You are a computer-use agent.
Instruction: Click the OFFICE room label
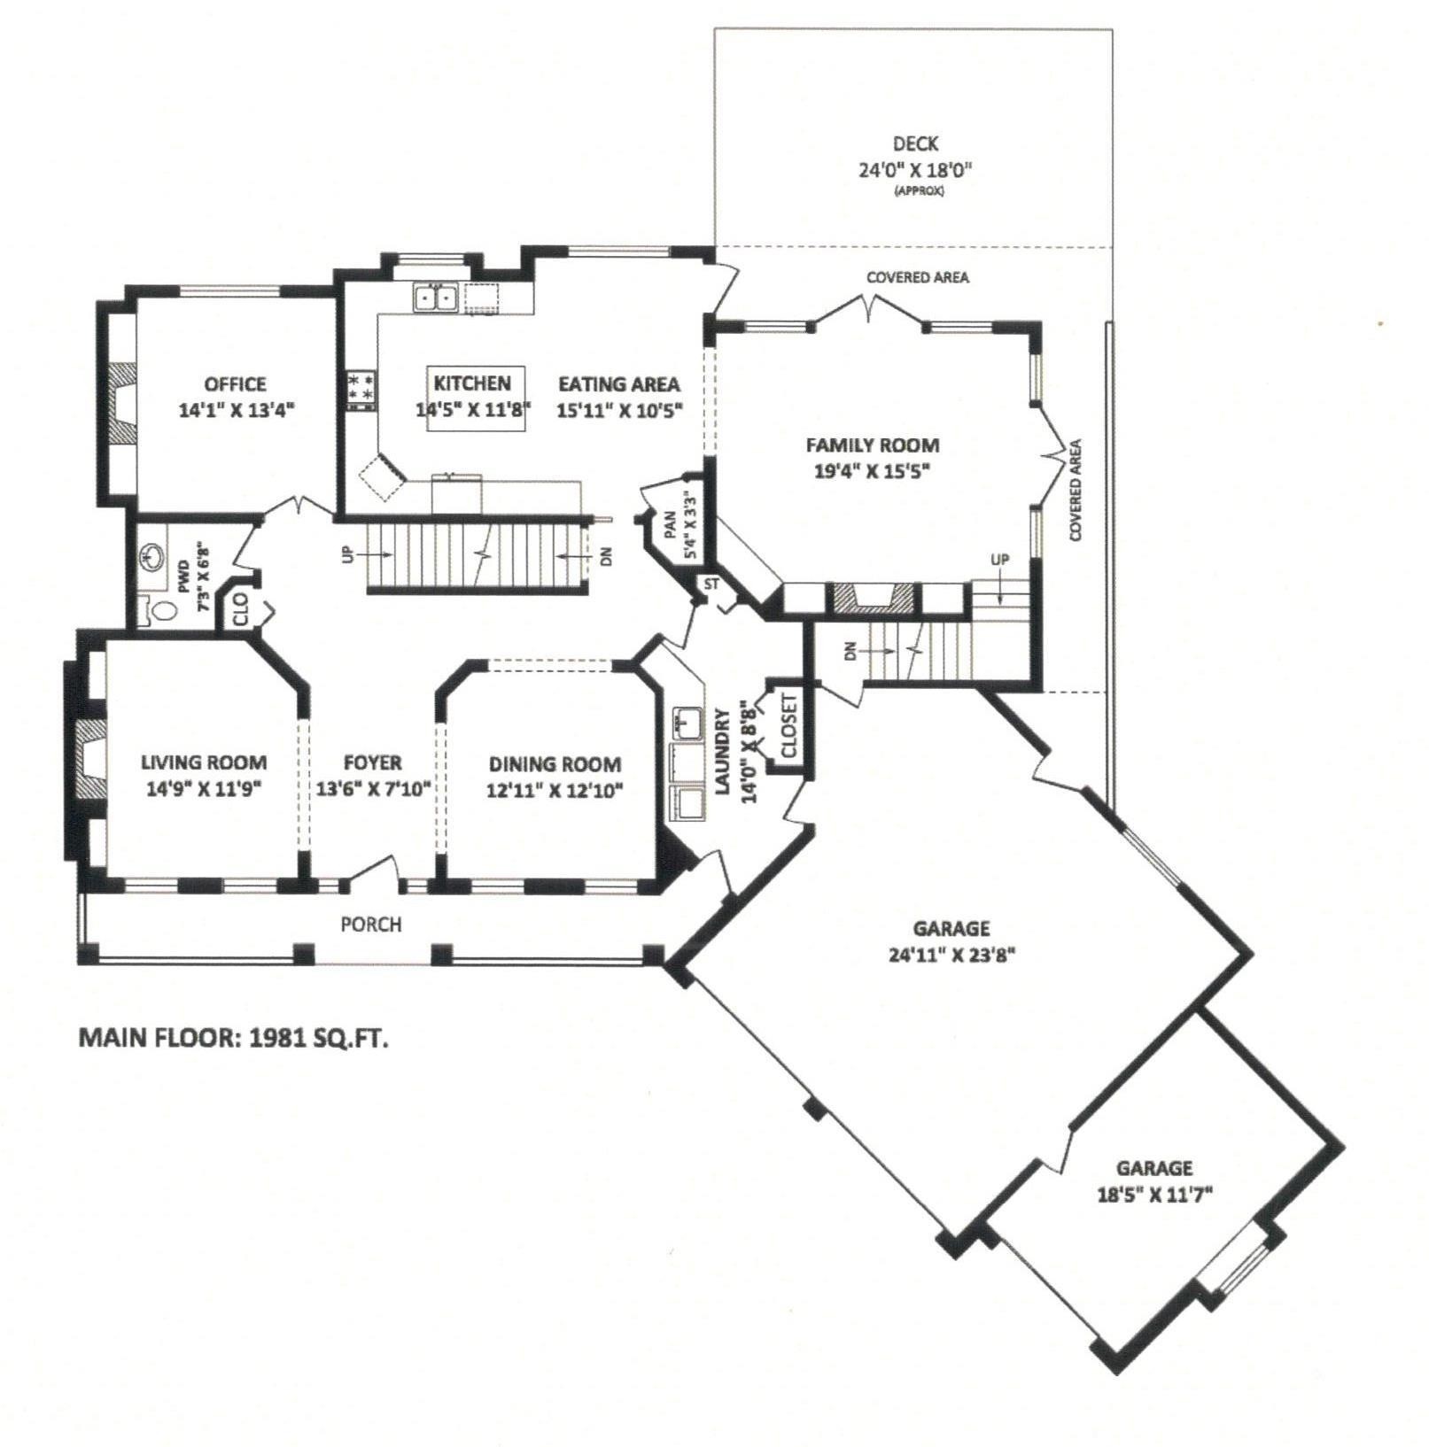235,384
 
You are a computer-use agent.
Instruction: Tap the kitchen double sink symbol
435,298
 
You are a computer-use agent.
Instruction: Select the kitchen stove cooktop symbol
361,391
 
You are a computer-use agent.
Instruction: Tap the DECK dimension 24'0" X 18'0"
915,170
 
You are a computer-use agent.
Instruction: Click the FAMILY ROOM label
872,445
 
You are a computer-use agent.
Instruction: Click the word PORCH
371,925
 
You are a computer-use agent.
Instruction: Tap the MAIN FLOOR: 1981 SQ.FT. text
234,1038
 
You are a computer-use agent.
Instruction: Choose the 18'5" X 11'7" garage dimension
1153,1195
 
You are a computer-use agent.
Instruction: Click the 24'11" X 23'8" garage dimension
951,955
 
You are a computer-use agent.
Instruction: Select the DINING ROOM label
555,764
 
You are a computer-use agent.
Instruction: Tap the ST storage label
711,584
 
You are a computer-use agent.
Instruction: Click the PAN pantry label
671,526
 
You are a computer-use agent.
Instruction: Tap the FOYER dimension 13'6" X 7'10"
373,788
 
